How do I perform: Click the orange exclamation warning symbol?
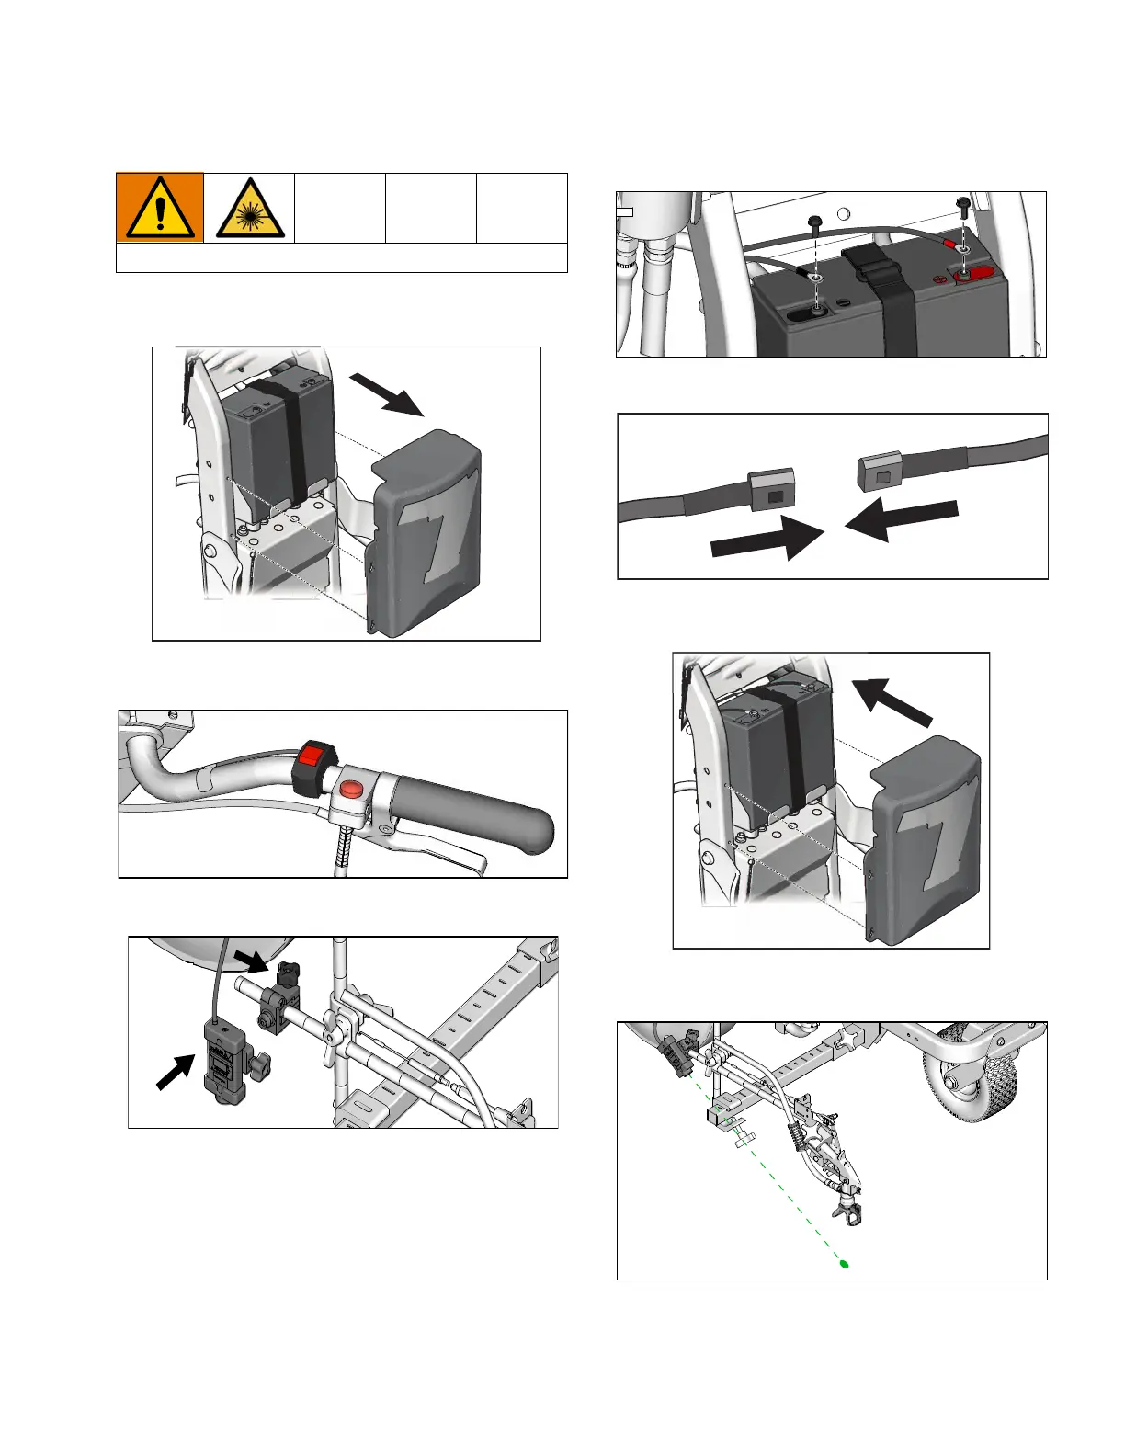click(x=160, y=207)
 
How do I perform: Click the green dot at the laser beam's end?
click(x=844, y=1265)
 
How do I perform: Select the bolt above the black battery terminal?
click(x=813, y=223)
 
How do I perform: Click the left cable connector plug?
click(x=770, y=491)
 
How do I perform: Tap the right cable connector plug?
click(x=880, y=472)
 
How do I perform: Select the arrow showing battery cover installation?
click(x=892, y=703)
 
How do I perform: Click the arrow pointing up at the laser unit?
click(x=175, y=1071)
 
